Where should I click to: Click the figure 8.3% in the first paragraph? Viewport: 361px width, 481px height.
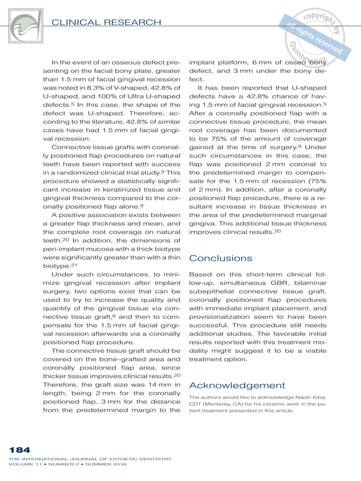pos(88,89)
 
